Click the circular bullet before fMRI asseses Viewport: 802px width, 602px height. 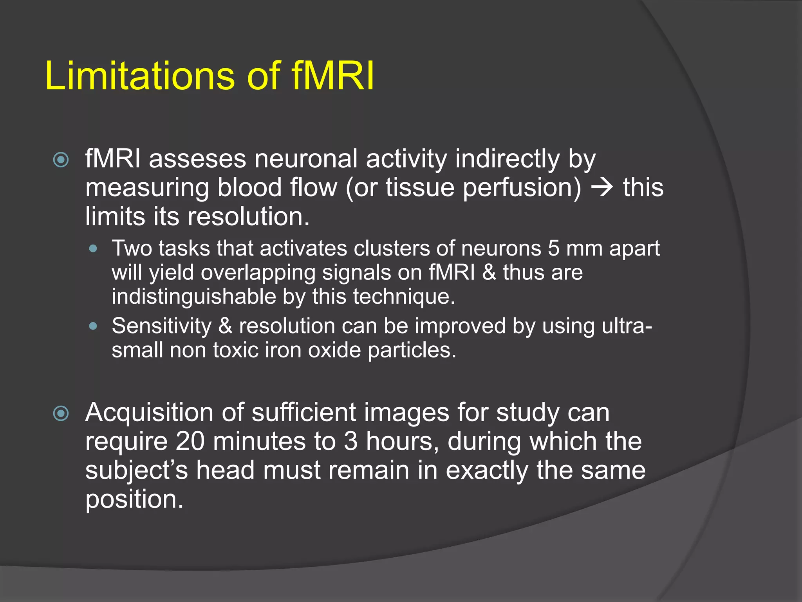point(61,160)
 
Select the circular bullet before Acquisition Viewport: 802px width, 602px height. point(61,413)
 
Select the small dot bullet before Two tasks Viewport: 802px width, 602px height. point(93,248)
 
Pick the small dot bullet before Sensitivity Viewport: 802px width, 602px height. point(93,326)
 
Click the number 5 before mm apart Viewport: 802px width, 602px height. point(553,248)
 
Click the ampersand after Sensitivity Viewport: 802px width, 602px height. point(225,326)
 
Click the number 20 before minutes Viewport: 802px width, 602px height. point(190,442)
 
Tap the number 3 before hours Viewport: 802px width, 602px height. point(351,442)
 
